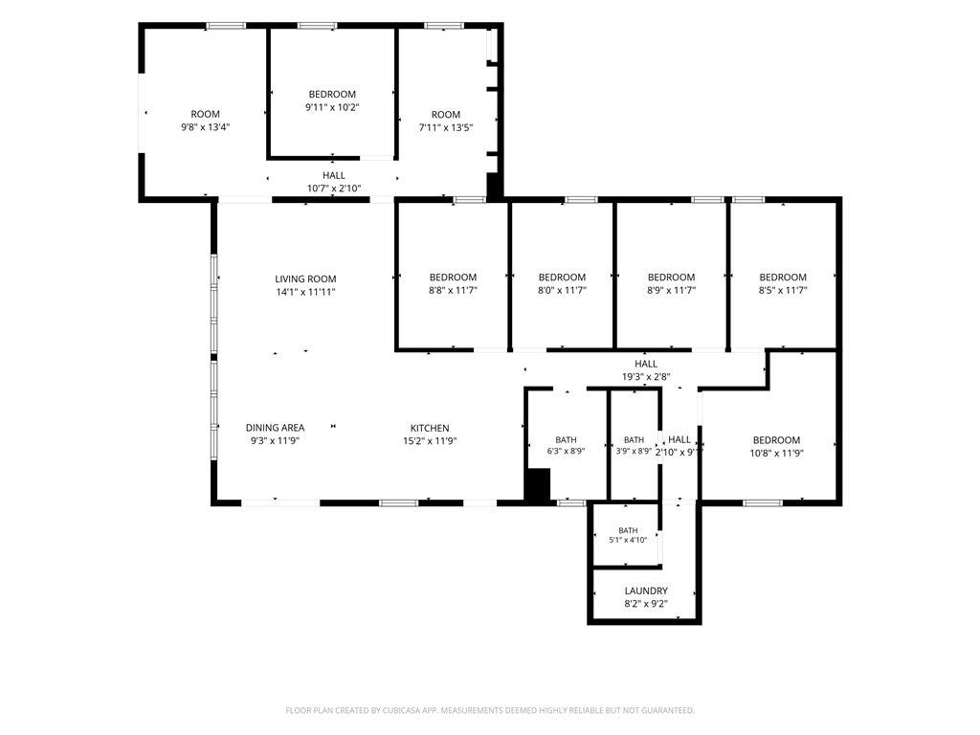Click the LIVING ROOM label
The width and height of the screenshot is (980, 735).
[x=305, y=278]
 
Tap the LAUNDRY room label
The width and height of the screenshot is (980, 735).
[x=646, y=590]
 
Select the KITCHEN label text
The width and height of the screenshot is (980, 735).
[x=430, y=428]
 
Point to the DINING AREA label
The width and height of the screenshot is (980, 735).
[x=275, y=428]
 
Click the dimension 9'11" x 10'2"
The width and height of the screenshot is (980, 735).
[x=332, y=107]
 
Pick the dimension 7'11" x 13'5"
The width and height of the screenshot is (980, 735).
[x=446, y=127]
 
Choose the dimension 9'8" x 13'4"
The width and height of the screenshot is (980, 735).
[x=206, y=127]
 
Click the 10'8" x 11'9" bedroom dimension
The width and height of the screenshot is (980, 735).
[x=776, y=453]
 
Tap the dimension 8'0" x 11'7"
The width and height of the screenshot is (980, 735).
[x=563, y=290]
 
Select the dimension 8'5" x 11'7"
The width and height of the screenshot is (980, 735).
[x=783, y=290]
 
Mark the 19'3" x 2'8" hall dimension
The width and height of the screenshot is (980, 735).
[x=646, y=377]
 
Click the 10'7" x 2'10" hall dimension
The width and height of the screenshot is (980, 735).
[x=334, y=189]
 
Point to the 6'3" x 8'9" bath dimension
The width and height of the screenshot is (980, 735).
[x=567, y=451]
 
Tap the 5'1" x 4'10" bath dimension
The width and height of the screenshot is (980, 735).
[x=628, y=540]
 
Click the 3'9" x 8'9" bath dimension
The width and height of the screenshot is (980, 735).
[x=634, y=451]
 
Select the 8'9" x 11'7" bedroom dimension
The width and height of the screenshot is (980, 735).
[x=671, y=290]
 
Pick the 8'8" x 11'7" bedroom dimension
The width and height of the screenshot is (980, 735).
[x=453, y=290]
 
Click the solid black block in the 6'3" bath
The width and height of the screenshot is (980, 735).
[x=536, y=484]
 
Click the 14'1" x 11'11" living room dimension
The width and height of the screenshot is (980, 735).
[x=305, y=292]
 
